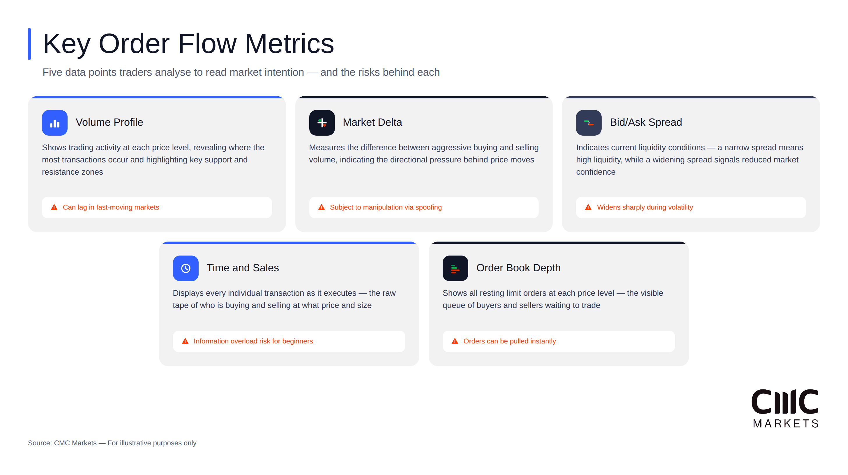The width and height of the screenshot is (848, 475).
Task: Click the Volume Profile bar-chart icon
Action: pyautogui.click(x=55, y=123)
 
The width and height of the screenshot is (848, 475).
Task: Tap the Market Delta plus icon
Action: pyautogui.click(x=321, y=123)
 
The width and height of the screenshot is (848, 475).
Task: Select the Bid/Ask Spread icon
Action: pyautogui.click(x=589, y=123)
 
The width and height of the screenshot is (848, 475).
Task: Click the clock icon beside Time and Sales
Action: pyautogui.click(x=186, y=268)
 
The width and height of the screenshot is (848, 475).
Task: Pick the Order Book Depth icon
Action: pyautogui.click(x=455, y=268)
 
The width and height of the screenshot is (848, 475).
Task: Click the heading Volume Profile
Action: pyautogui.click(x=109, y=122)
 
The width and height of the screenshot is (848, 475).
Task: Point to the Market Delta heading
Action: pyautogui.click(x=372, y=122)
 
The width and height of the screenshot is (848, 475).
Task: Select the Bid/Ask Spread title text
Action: pyautogui.click(x=646, y=122)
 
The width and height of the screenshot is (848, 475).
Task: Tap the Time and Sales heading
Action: pyautogui.click(x=243, y=268)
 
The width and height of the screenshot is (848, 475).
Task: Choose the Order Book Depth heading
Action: pyautogui.click(x=518, y=268)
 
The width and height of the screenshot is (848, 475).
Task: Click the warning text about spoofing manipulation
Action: pyautogui.click(x=386, y=207)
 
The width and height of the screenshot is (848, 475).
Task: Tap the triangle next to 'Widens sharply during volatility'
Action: pyautogui.click(x=588, y=207)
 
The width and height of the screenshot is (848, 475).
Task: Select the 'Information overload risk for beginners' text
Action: pyautogui.click(x=253, y=341)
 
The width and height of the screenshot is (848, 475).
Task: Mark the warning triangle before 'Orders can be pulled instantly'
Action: pyautogui.click(x=455, y=341)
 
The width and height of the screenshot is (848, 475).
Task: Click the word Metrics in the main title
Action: pyautogui.click(x=289, y=44)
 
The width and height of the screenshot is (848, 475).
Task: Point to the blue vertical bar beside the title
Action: pyautogui.click(x=30, y=44)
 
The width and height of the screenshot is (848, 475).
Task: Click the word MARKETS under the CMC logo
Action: pyautogui.click(x=785, y=423)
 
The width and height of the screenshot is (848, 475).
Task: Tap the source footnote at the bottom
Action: pyautogui.click(x=112, y=443)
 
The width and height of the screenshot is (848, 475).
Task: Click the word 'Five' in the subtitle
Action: pyautogui.click(x=52, y=72)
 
